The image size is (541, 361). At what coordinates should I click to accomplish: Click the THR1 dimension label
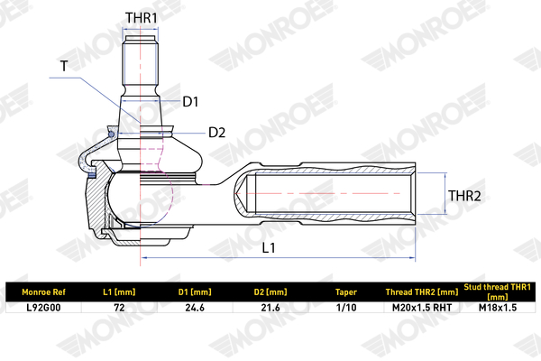tap(141, 18)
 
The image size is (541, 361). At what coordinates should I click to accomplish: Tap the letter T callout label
tap(64, 66)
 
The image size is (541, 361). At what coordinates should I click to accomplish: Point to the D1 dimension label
tap(190, 102)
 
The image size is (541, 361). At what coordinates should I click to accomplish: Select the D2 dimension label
tap(216, 133)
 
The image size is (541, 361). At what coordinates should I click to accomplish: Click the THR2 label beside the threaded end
tap(464, 196)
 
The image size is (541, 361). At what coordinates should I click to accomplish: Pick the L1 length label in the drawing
tap(269, 247)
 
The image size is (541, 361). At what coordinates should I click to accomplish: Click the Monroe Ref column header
tap(43, 292)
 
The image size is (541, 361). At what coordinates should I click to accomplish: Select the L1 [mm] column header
tap(119, 292)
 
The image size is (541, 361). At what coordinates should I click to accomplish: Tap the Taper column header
tap(346, 292)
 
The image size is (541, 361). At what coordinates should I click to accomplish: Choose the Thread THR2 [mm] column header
tap(422, 292)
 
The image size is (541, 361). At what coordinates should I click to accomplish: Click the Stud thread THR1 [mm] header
tap(497, 292)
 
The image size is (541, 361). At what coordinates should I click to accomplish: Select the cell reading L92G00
tap(43, 308)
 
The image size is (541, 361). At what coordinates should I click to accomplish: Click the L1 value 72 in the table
tap(119, 308)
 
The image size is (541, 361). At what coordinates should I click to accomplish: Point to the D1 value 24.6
tap(195, 308)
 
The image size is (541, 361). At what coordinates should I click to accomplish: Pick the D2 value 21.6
tap(270, 308)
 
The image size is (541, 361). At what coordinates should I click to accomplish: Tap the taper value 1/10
tap(346, 308)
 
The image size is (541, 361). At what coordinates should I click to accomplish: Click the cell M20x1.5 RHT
tap(422, 308)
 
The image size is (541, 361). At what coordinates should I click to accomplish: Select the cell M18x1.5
tap(498, 308)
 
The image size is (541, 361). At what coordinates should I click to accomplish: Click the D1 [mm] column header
tap(195, 292)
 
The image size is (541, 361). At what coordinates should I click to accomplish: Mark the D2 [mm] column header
tap(270, 292)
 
